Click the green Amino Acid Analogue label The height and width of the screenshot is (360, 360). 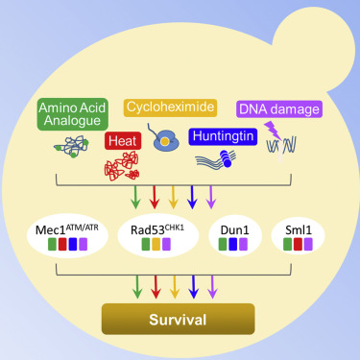74,112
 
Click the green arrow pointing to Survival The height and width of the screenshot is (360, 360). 134,286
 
